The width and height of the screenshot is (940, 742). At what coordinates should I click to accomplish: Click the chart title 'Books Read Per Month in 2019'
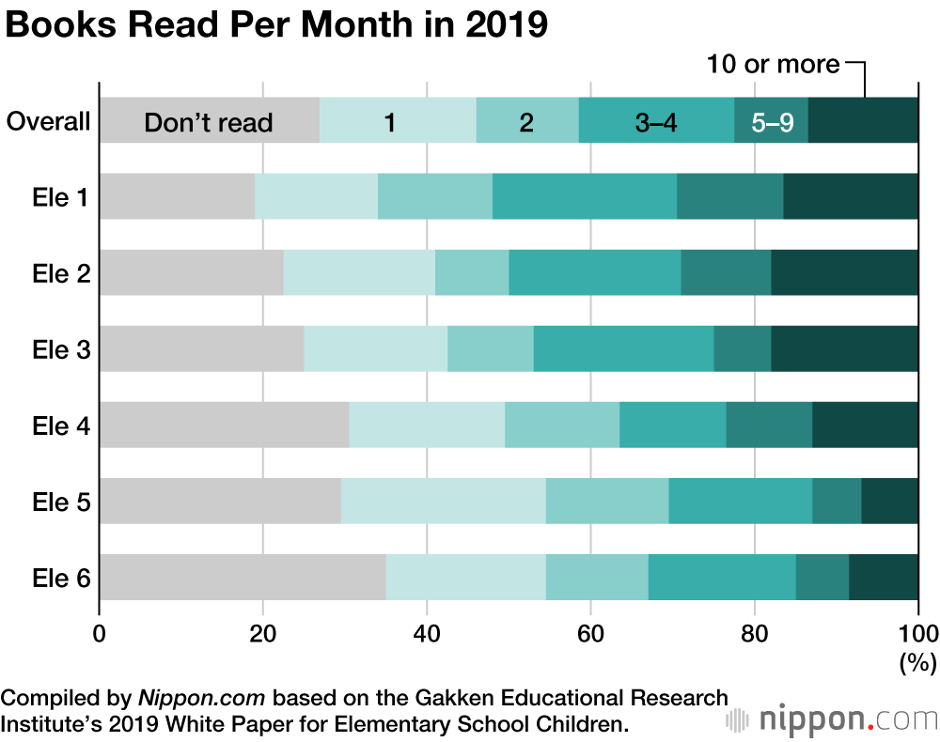coord(276,25)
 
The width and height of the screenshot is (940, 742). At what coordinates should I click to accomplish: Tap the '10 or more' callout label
coord(773,65)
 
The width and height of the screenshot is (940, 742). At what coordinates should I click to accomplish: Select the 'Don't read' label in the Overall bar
coord(208,122)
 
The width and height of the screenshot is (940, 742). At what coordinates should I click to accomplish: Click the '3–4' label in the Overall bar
coord(656,122)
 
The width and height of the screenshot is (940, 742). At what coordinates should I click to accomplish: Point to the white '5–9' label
coord(772,122)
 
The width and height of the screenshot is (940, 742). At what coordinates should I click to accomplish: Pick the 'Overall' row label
coord(48,122)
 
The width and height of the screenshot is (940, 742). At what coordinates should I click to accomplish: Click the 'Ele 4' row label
coord(61,426)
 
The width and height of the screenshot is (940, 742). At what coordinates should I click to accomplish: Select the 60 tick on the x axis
coord(590,632)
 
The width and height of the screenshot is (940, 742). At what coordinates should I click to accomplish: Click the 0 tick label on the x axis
coord(100,632)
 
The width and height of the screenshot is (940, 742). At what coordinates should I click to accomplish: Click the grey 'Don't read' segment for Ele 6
coord(242,577)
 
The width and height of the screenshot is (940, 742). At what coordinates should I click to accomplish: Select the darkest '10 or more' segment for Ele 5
coord(889,501)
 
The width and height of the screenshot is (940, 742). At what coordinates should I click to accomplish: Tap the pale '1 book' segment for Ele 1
coord(316,196)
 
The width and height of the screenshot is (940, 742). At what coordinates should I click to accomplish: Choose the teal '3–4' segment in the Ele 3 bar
coord(623,348)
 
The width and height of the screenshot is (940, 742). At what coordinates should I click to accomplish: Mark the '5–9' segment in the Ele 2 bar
coord(726,272)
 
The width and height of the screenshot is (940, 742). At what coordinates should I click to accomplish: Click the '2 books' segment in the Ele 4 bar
coord(562,425)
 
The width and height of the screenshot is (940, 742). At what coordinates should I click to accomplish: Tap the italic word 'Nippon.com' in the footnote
coord(202,699)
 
